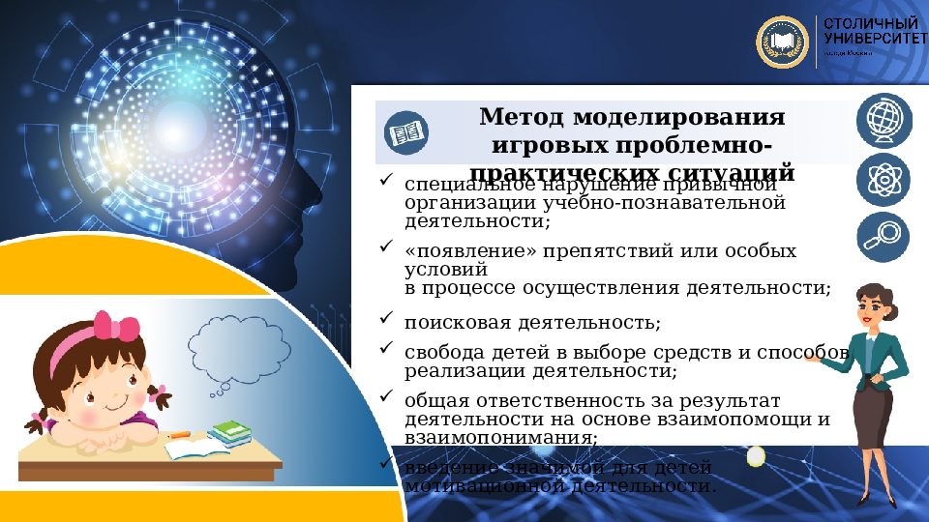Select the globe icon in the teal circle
(883, 121)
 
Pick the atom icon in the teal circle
(883, 180)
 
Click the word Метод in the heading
(521, 118)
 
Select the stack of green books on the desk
(229, 432)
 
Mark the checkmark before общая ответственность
(385, 396)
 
